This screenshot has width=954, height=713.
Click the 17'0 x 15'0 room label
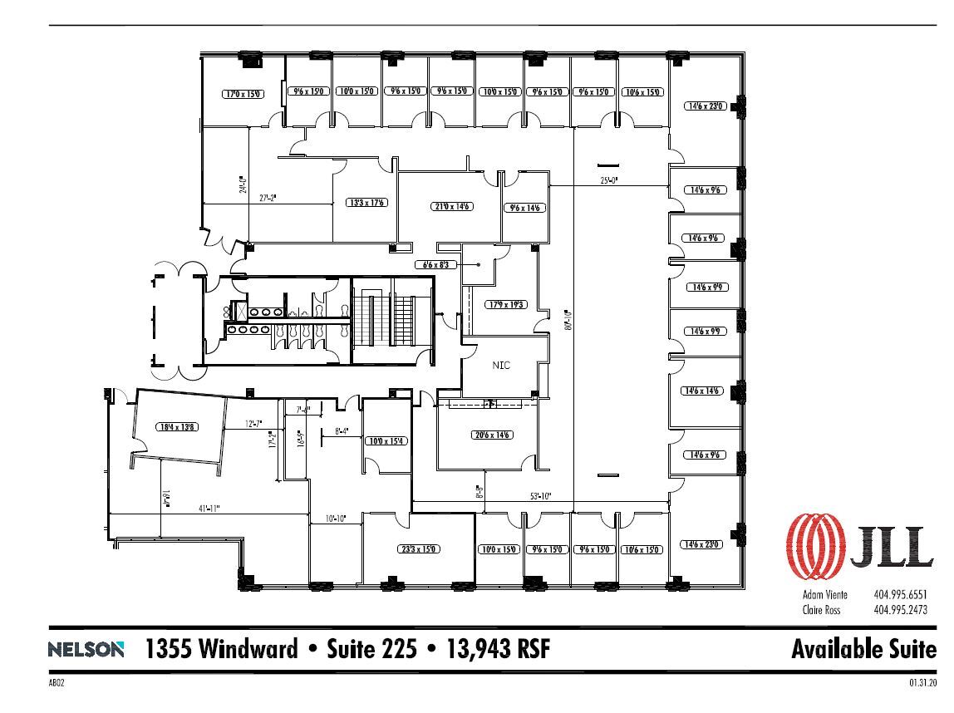point(243,94)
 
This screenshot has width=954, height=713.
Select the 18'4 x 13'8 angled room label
point(176,427)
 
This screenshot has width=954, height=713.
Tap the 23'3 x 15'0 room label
point(418,549)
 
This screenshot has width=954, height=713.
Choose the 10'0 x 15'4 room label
point(387,440)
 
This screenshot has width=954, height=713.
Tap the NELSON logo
point(86,650)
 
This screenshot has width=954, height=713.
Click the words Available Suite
point(863,649)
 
